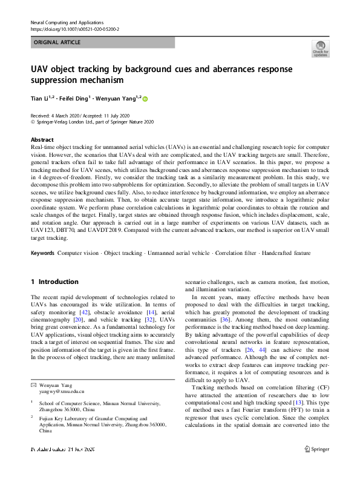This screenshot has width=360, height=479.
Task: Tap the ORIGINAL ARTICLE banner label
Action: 56,42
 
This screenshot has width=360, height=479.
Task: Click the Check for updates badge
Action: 320,48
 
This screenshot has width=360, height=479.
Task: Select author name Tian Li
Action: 41,99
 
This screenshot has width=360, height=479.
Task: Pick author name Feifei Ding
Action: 73,99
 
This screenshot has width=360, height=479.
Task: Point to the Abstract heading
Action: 42,139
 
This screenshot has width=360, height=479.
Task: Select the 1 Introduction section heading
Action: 54,282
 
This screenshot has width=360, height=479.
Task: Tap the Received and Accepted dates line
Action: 90,115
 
